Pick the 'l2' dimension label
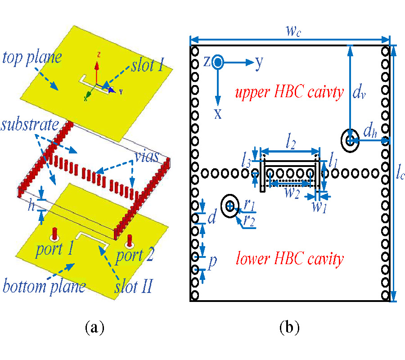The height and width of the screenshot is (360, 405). tap(290, 143)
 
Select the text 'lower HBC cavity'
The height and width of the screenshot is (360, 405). tap(289, 259)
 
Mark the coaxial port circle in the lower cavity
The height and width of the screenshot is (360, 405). tap(230, 206)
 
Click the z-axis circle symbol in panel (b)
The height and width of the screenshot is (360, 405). tap(218, 62)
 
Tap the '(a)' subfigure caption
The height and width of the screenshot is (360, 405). tap(94, 327)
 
